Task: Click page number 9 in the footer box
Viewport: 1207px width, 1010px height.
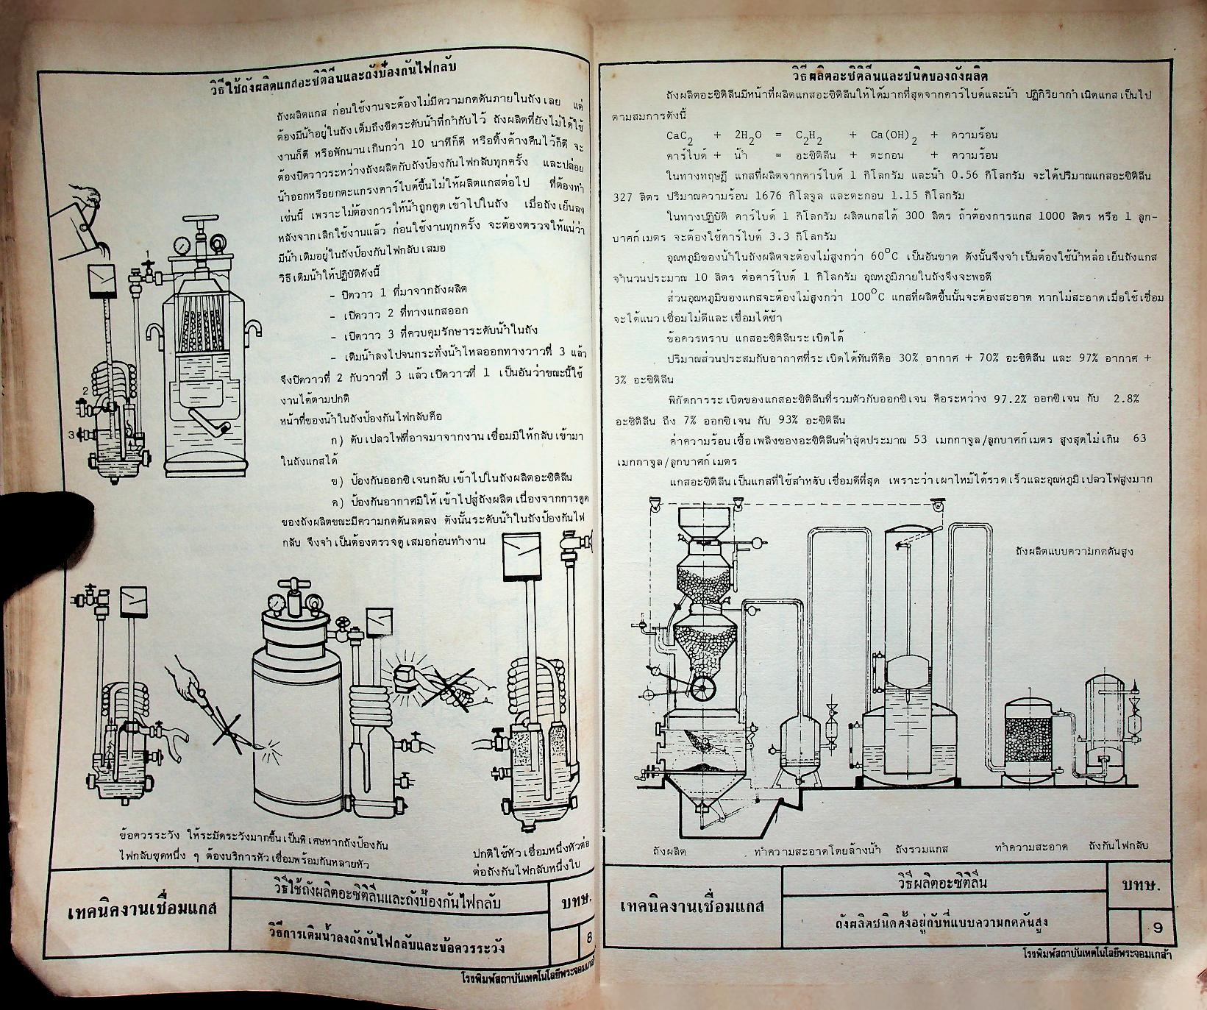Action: point(1158,928)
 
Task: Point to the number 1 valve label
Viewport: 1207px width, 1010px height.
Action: point(147,255)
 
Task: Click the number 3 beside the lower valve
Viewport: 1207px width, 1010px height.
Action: point(72,435)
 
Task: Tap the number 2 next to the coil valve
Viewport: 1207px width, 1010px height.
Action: point(85,390)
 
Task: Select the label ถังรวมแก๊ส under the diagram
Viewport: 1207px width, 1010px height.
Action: point(921,847)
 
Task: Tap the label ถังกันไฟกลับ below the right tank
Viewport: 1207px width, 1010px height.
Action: point(1119,847)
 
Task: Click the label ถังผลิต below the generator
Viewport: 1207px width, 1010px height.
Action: point(669,850)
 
